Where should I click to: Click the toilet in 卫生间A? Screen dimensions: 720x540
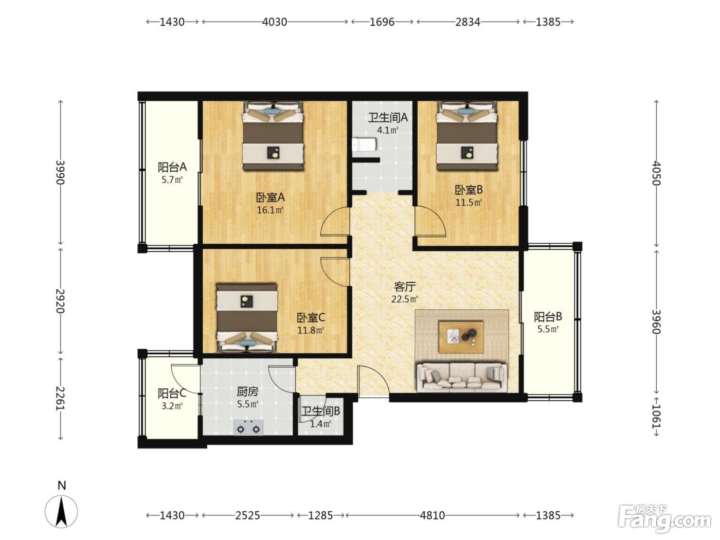point(364,145)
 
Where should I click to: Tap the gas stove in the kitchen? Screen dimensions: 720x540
point(248,427)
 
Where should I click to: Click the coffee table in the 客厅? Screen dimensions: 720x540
point(461,337)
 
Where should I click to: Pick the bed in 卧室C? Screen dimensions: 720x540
point(247,318)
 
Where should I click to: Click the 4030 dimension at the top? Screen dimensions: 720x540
point(275,22)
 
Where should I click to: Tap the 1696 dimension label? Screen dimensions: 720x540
point(382,22)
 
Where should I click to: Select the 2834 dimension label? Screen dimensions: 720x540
point(468,22)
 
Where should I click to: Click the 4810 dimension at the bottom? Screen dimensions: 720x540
point(433,516)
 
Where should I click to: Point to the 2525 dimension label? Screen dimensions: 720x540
point(248,516)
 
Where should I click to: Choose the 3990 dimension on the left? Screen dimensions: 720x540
point(60,172)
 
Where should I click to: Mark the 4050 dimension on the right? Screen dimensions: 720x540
point(656,173)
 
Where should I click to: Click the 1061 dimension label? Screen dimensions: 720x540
point(656,417)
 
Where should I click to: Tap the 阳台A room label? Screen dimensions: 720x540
point(172,167)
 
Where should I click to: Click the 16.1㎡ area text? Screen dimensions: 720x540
point(270,210)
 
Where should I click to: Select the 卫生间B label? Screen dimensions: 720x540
point(321,411)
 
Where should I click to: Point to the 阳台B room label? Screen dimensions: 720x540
point(548,317)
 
